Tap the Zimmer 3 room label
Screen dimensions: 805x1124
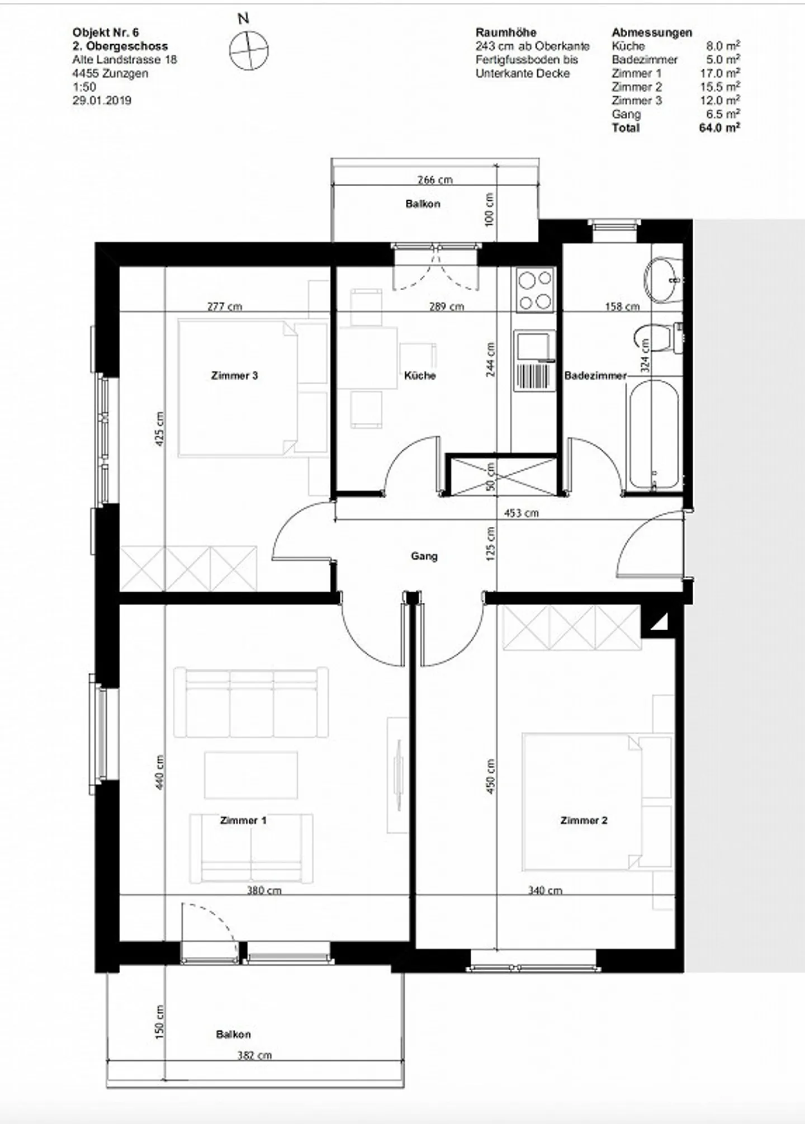click(x=234, y=376)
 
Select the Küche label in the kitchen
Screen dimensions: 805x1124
click(x=420, y=376)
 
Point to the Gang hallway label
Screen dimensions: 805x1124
click(x=424, y=556)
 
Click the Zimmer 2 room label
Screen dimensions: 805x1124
click(x=584, y=820)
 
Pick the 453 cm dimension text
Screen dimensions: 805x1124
click(x=522, y=513)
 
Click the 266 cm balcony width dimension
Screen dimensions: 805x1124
click(x=435, y=180)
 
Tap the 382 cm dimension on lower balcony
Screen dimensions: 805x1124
click(x=254, y=1055)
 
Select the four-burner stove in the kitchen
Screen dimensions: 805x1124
click(x=536, y=290)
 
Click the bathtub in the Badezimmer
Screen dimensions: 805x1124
click(x=654, y=435)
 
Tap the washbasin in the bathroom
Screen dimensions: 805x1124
click(x=663, y=278)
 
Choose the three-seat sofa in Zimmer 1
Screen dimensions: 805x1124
click(x=251, y=702)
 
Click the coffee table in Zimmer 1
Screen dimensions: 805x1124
click(x=251, y=775)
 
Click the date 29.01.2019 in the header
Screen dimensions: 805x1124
click(x=102, y=101)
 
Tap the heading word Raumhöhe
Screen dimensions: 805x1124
click(x=506, y=32)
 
